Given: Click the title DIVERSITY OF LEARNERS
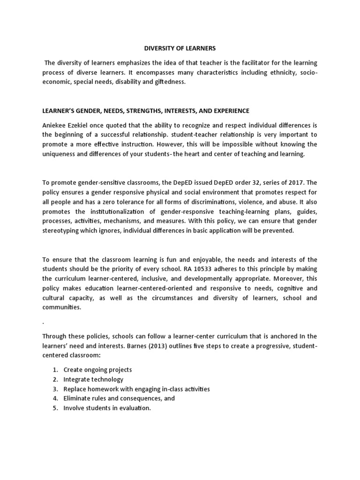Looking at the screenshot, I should click(x=180, y=48).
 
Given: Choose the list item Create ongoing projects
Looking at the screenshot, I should click(x=97, y=370).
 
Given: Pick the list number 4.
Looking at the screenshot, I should click(x=55, y=398).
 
